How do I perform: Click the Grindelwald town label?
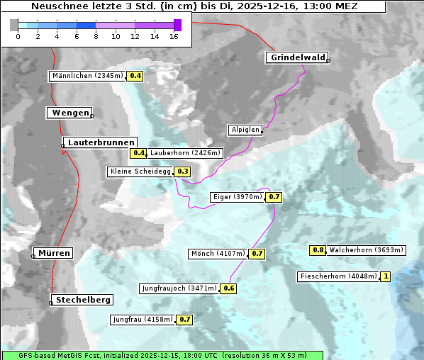[x=297, y=57]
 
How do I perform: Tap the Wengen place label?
[x=70, y=113]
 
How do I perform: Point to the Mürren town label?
[x=54, y=253]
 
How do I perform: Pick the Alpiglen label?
[x=245, y=130]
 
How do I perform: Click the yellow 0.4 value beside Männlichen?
[x=135, y=76]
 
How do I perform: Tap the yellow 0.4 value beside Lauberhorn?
[x=138, y=152]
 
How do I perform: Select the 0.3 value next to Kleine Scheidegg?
[x=183, y=171]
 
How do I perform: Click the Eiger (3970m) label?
[x=238, y=197]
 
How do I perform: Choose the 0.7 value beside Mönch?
[x=257, y=253]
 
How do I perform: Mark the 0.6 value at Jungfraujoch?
[x=229, y=288]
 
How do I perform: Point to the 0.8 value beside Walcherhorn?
[x=318, y=250]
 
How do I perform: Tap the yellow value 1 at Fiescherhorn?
[x=386, y=276]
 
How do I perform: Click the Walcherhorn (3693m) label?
[x=367, y=250]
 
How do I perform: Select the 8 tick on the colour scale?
[x=96, y=36]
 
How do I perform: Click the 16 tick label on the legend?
[x=174, y=36]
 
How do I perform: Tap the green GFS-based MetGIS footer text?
[x=162, y=355]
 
